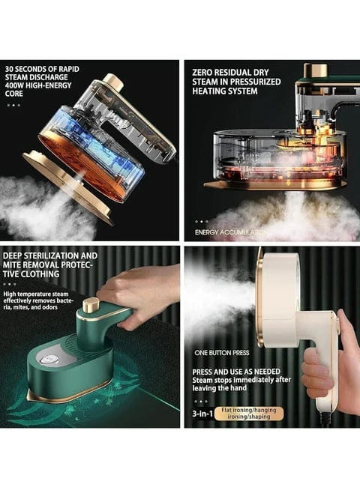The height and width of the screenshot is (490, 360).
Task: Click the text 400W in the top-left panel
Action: (14, 85)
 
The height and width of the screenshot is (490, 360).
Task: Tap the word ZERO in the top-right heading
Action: (201, 73)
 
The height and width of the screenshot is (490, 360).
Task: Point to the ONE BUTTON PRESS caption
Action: (222, 353)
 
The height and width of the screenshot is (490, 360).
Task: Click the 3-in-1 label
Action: (202, 414)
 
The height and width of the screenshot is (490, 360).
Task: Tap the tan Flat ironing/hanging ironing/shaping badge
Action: (249, 413)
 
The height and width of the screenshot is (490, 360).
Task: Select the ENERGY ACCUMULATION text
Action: (230, 232)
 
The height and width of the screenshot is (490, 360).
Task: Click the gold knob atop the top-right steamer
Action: (316, 71)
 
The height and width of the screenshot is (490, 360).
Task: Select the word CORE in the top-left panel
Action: (13, 94)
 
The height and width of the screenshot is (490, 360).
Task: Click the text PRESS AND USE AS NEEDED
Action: (236, 372)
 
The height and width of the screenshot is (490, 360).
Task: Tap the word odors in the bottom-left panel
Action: (50, 307)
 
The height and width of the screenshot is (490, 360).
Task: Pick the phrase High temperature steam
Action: (36, 294)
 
